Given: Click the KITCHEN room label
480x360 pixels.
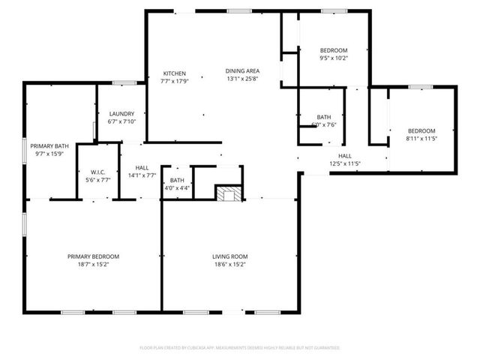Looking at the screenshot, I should point(175,73).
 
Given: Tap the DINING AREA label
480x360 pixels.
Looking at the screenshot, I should point(241,70).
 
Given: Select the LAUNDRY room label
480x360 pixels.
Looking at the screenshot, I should point(121,113).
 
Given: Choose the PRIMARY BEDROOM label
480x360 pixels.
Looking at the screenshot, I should point(93,256).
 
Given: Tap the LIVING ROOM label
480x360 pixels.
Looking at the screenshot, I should point(229,256).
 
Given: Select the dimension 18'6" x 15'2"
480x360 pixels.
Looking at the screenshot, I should point(229,265).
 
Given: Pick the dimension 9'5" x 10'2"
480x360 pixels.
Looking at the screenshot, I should point(334,58).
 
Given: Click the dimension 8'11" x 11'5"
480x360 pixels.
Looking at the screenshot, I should point(421,139).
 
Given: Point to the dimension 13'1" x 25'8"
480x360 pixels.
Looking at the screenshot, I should point(241,79).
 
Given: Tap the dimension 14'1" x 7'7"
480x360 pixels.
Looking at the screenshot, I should point(141,175).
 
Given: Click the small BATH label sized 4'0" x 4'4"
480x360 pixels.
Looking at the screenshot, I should point(177,180).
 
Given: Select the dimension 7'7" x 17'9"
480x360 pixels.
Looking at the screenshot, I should point(175,82).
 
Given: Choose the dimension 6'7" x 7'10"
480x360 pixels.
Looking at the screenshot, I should point(121,121).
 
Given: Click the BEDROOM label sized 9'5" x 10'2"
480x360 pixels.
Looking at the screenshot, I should point(334,49).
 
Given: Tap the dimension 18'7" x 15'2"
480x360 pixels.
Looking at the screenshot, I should point(93,265).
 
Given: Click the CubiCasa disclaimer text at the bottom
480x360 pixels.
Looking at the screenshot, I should point(240,348).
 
